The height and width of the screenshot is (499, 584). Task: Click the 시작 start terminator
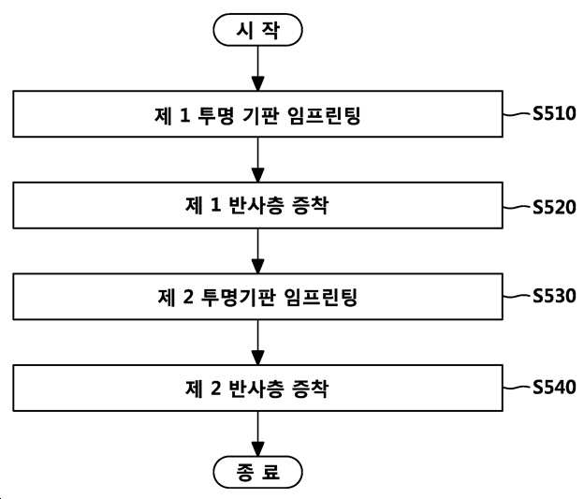pos(257,30)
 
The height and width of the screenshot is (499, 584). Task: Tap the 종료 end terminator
pos(257,472)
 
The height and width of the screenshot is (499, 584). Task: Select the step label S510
pos(554,113)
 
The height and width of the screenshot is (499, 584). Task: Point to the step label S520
pos(554,207)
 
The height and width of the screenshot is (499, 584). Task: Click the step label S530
pos(554,296)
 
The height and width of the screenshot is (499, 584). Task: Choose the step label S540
pos(554,387)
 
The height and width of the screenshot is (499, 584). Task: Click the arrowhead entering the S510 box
pos(257,83)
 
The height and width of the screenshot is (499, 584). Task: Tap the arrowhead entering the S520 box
pos(257,175)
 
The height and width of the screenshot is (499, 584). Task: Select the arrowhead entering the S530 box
pos(257,267)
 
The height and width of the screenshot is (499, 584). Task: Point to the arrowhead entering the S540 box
pos(257,358)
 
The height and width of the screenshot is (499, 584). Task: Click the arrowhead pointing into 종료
pos(257,449)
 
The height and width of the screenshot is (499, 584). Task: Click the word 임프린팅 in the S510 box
pos(324,115)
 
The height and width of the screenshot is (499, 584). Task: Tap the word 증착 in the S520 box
pos(311,205)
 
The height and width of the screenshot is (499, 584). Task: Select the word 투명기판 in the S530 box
pos(238,297)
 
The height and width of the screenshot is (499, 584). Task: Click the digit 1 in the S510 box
pos(184,115)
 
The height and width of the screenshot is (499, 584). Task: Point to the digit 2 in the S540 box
pos(216,389)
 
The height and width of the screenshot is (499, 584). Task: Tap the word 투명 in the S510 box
pos(215,115)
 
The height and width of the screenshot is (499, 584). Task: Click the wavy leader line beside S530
pos(517,296)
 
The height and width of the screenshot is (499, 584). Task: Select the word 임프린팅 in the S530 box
pos(321,297)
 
